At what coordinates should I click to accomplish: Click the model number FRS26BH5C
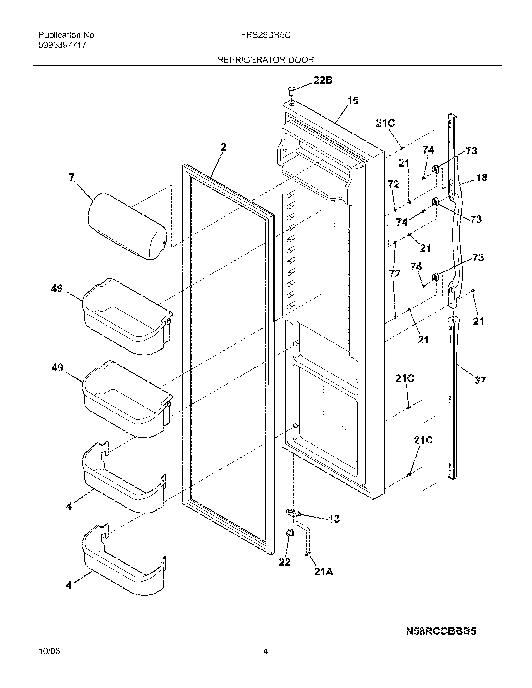click(265, 35)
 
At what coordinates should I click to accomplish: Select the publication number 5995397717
click(62, 45)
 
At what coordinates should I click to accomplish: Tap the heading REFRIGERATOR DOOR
click(266, 60)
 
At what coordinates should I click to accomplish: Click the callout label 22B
click(323, 80)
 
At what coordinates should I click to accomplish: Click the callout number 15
click(353, 101)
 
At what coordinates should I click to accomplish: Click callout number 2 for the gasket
click(223, 147)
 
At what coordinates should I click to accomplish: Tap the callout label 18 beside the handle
click(481, 177)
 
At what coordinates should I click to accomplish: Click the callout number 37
click(480, 380)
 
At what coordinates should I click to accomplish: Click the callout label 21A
click(323, 572)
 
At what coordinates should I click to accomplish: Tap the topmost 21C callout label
click(385, 123)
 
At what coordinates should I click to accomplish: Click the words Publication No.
click(67, 35)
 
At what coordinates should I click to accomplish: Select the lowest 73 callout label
click(478, 258)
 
